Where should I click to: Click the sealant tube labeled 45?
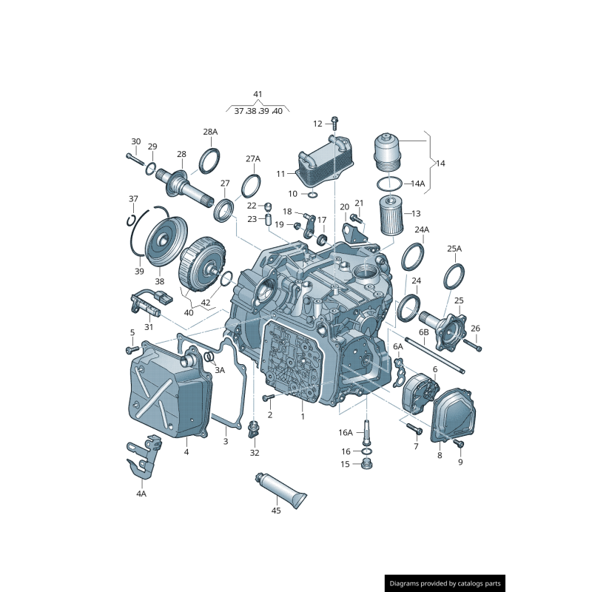280,489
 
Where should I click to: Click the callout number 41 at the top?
258,94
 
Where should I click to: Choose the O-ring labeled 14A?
389,184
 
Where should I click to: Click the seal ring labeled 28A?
210,160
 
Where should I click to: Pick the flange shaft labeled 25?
447,330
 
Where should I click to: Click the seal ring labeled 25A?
454,278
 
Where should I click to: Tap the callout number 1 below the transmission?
303,417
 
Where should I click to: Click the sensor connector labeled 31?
147,303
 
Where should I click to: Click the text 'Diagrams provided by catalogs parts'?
445,584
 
